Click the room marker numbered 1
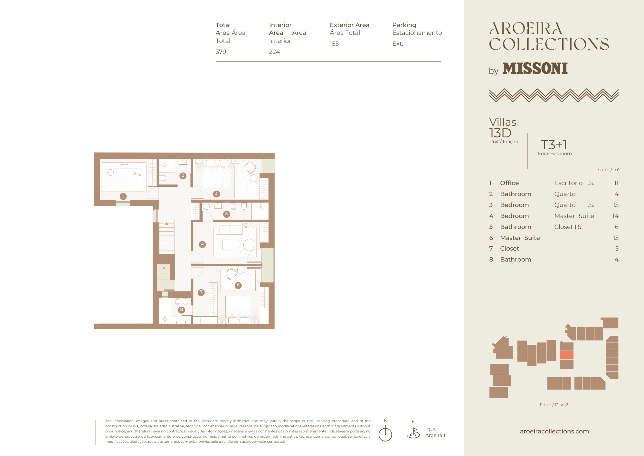(123, 196)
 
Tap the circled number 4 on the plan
(202, 244)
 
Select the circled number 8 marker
(182, 310)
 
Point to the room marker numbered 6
(238, 285)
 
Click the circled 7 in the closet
(201, 292)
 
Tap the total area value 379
(221, 52)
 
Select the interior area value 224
(274, 52)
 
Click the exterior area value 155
(334, 44)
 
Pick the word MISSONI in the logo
(535, 69)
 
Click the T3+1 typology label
(554, 145)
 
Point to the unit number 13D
(500, 133)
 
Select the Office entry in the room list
(509, 183)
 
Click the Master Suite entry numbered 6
(520, 238)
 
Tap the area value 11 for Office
(616, 183)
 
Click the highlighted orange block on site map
(567, 355)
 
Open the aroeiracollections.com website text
(554, 431)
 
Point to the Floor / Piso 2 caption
(554, 405)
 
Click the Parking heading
(404, 25)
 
